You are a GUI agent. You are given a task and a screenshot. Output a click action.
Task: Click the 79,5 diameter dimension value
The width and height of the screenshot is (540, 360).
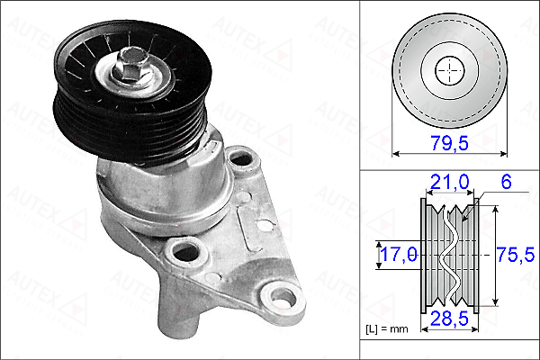click(x=449, y=142)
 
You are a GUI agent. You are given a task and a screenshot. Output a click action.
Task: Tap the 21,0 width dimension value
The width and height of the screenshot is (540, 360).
click(x=450, y=182)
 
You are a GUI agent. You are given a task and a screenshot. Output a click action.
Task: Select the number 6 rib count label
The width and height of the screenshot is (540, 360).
click(x=506, y=182)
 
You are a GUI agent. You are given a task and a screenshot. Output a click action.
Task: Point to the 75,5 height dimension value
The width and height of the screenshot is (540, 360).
click(x=516, y=255)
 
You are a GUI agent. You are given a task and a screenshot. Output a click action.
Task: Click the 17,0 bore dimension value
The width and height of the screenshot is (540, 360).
click(x=399, y=255)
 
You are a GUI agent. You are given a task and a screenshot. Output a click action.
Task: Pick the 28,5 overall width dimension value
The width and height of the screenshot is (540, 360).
click(x=449, y=319)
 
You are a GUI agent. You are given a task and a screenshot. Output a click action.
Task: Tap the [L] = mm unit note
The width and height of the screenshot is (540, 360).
click(x=387, y=329)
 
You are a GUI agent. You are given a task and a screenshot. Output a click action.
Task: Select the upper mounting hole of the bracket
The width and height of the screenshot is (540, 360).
click(x=241, y=159)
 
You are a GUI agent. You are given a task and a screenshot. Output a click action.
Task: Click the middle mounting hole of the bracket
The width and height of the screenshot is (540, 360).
click(x=186, y=253)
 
